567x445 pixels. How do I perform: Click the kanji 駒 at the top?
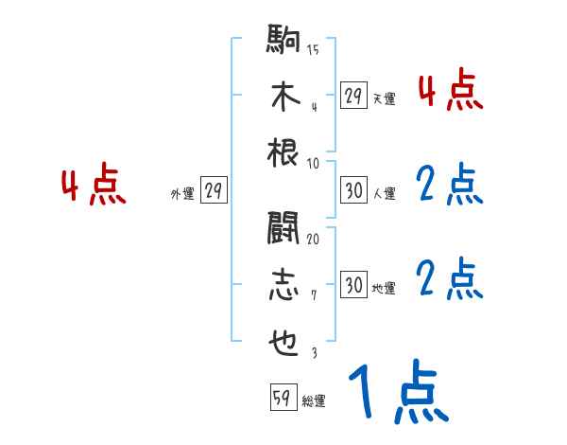click(284, 43)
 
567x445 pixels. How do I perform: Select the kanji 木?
click(284, 97)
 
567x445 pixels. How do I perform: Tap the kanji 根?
click(284, 151)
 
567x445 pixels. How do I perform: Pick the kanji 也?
click(284, 340)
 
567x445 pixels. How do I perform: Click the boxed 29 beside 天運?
click(353, 95)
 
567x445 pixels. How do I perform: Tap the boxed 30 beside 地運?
click(353, 285)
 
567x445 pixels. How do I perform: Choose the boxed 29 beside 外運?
click(214, 191)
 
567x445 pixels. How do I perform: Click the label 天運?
click(384, 98)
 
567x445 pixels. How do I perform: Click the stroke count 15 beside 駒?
click(313, 50)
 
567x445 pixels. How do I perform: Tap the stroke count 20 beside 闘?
click(313, 238)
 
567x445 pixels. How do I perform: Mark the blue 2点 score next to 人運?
click(450, 186)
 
